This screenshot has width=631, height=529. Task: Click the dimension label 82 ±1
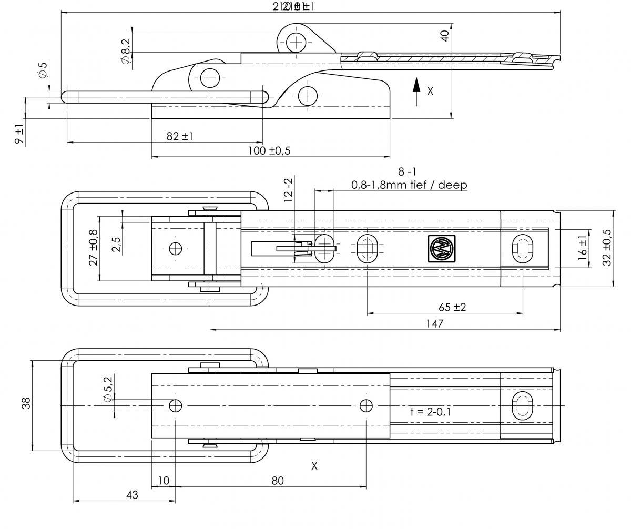tap(179, 136)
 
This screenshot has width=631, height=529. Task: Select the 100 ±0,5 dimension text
tap(270, 151)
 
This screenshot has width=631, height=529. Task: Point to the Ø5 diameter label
tap(43, 71)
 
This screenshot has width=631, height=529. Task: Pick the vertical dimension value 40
tap(445, 36)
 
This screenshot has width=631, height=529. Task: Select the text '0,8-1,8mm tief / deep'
tap(409, 185)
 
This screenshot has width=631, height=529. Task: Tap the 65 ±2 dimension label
tap(452, 307)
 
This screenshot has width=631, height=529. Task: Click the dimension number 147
tap(435, 323)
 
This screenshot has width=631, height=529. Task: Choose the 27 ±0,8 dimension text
tap(94, 247)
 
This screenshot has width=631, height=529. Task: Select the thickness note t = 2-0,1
tap(430, 411)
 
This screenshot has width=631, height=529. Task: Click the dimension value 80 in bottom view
tap(278, 481)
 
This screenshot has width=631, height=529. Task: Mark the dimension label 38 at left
tap(27, 403)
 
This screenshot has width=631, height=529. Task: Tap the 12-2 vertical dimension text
tap(288, 190)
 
